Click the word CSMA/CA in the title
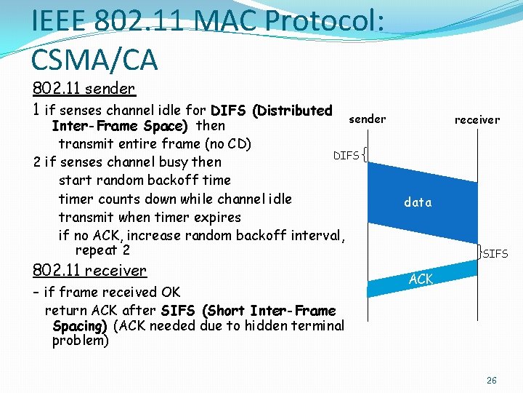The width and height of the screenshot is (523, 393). point(94,59)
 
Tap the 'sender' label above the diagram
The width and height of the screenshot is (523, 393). point(368,119)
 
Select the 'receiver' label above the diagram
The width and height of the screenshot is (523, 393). point(477,120)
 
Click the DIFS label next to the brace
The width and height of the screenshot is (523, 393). point(346,156)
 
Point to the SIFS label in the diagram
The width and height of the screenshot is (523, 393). point(495,254)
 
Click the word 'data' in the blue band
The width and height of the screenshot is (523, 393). point(418,202)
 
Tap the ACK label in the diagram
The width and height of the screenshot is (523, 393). point(421,279)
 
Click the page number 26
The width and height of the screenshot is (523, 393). point(492,381)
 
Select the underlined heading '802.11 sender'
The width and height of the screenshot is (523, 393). point(84,89)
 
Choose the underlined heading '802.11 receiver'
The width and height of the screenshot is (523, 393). point(89,271)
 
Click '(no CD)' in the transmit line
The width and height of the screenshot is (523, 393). point(227,144)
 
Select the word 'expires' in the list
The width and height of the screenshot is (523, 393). point(219,217)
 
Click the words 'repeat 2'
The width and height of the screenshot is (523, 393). point(102,250)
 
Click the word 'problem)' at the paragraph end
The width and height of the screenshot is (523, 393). point(81,341)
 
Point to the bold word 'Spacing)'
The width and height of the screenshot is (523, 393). point(80,325)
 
